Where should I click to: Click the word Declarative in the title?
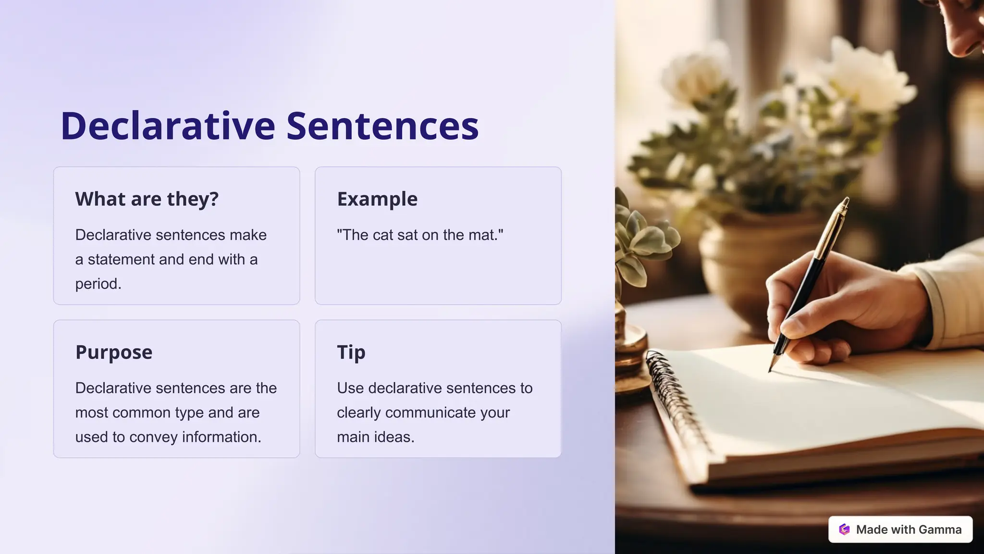168,126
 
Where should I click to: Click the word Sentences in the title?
382,126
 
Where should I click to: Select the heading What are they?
147,199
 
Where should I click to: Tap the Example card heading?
377,199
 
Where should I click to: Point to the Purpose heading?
114,353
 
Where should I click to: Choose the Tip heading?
351,353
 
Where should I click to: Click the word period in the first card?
97,284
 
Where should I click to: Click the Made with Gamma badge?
900,529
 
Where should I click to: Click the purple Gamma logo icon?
844,529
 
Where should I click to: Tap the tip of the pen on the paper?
770,370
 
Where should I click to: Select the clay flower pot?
740,269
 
